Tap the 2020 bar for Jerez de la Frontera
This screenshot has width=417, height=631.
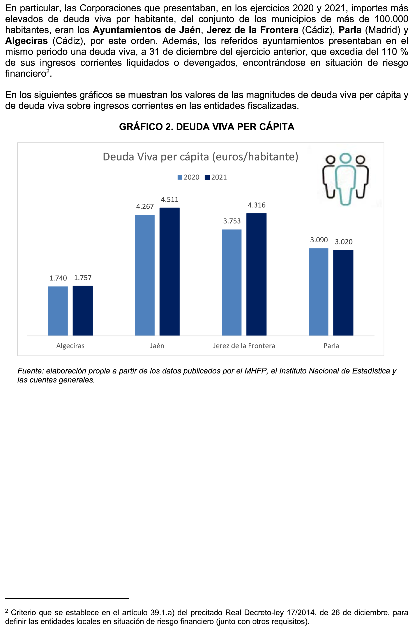(x=232, y=282)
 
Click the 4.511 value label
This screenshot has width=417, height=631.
(x=169, y=200)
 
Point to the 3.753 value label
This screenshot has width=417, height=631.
(x=232, y=221)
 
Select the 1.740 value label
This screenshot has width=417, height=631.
(x=58, y=278)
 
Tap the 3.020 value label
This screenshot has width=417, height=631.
(x=343, y=242)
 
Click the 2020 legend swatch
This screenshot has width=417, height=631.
(x=180, y=178)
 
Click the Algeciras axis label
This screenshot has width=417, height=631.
(x=70, y=346)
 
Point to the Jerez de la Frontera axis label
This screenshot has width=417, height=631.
(x=244, y=346)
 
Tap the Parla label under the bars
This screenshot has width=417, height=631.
(x=331, y=346)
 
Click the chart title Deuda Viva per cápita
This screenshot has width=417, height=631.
(x=200, y=157)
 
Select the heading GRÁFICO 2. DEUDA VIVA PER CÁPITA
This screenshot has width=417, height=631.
(x=207, y=127)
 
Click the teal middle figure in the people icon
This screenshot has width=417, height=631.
(x=345, y=181)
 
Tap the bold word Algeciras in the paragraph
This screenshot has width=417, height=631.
(x=27, y=41)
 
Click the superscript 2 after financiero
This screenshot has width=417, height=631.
(x=48, y=71)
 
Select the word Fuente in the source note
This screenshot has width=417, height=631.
(x=29, y=371)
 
